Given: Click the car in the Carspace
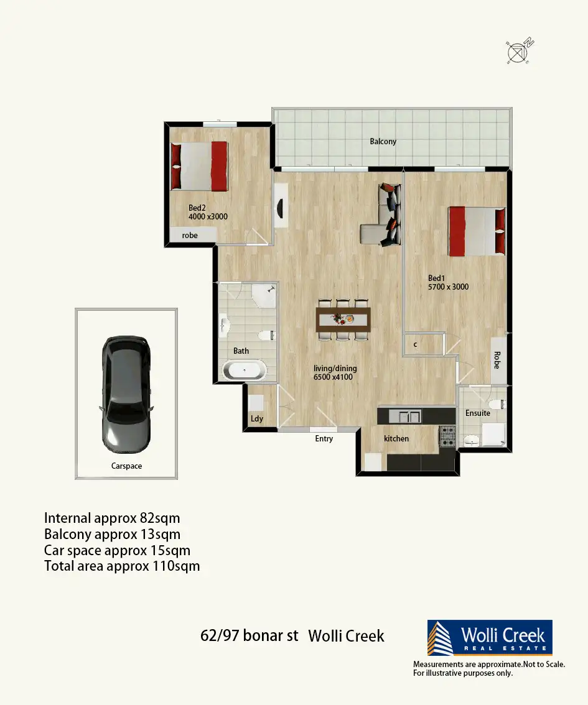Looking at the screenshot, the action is pyautogui.click(x=126, y=394).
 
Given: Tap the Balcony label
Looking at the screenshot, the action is pyautogui.click(x=383, y=141).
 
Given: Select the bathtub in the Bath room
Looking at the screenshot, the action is pyautogui.click(x=245, y=371).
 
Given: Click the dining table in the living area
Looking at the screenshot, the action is pyautogui.click(x=343, y=320).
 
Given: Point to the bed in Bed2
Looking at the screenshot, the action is pyautogui.click(x=199, y=166).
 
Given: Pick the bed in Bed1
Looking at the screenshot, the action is pyautogui.click(x=477, y=231).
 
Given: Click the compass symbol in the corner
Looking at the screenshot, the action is pyautogui.click(x=520, y=51).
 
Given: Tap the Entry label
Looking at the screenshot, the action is pyautogui.click(x=324, y=438).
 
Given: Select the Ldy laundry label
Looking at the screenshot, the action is pyautogui.click(x=257, y=418).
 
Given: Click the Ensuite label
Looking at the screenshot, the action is pyautogui.click(x=478, y=413).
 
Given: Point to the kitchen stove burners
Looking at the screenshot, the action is pyautogui.click(x=447, y=436).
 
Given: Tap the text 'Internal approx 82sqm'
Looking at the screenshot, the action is pyautogui.click(x=112, y=518).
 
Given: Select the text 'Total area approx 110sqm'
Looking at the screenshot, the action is pyautogui.click(x=122, y=566).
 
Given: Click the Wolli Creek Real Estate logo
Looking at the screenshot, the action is pyautogui.click(x=490, y=637).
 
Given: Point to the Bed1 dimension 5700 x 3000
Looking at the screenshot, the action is pyautogui.click(x=448, y=287).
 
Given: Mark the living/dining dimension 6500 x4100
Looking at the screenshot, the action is pyautogui.click(x=333, y=377).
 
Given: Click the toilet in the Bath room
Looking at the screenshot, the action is pyautogui.click(x=266, y=336).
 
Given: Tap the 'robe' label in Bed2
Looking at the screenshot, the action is pyautogui.click(x=190, y=235).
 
